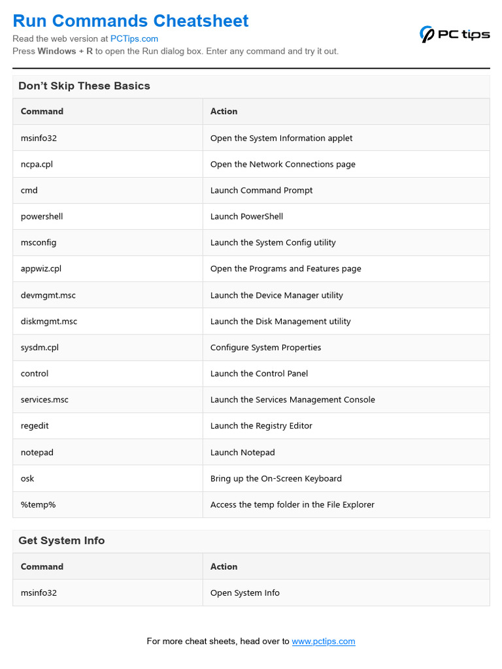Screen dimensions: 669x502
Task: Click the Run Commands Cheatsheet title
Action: tap(131, 21)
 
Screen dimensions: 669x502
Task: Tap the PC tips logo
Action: tap(454, 34)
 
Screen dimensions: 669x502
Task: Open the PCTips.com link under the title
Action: tap(134, 39)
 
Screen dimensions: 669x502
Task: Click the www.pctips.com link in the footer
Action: tap(324, 641)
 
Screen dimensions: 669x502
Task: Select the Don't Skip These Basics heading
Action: tap(84, 86)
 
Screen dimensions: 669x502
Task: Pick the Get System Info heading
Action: tap(61, 540)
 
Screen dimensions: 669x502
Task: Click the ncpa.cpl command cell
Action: tap(37, 164)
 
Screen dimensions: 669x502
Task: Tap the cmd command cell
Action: tap(29, 190)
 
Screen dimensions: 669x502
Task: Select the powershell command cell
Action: tap(42, 216)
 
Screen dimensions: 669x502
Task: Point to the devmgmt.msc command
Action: tap(48, 295)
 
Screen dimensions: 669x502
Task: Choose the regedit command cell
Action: tap(35, 426)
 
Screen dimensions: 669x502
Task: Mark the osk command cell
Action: tap(27, 478)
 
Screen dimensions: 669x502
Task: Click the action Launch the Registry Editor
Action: tap(261, 426)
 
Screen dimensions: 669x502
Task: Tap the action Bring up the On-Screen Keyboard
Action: tap(276, 478)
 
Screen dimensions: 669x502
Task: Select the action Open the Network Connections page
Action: tap(283, 164)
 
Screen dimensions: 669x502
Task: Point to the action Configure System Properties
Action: tap(266, 348)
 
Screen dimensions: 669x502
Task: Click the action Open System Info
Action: tap(245, 593)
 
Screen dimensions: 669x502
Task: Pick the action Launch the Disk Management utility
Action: tap(280, 321)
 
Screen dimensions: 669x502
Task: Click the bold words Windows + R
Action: tap(65, 51)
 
